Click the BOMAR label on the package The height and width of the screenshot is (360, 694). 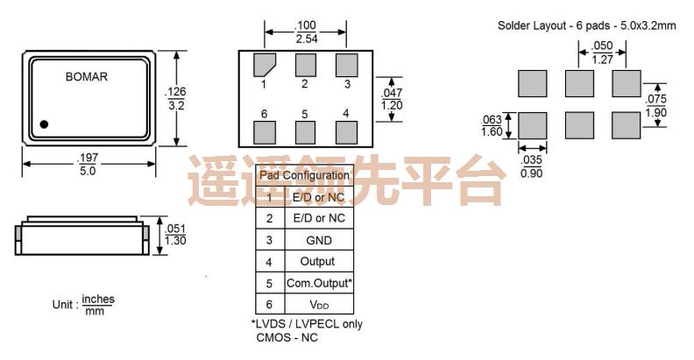coord(85,76)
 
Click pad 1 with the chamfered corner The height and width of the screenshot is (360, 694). coord(264,65)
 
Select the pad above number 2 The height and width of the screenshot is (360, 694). coord(305,64)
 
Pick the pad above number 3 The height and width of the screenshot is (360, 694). coord(346,64)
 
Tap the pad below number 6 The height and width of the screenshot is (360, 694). coord(264,131)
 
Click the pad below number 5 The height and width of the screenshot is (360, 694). coord(305,131)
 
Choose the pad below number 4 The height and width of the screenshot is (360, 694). coord(346,131)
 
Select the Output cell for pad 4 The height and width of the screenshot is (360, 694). coord(316,261)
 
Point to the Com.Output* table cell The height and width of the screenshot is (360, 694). coord(319,283)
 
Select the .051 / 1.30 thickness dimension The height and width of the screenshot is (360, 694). coord(174,235)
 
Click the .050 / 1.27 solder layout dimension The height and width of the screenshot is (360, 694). coord(601,53)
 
